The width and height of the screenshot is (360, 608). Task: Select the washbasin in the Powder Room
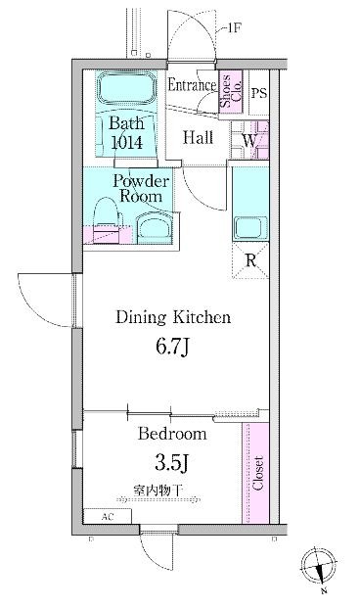tap(155, 230)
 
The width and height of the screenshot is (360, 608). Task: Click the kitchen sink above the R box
tap(250, 229)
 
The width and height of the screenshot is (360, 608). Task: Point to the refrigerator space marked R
tap(250, 260)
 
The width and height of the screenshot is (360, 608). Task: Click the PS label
tap(259, 93)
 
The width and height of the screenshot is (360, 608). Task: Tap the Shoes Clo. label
tap(231, 91)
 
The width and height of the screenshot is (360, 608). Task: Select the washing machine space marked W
tap(249, 140)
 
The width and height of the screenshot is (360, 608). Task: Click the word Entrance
tap(192, 85)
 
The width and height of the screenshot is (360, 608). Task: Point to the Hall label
tap(198, 137)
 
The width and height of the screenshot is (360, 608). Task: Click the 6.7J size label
tap(172, 348)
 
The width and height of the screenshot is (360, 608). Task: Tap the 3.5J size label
tap(171, 462)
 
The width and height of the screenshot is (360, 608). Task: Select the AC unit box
tap(108, 517)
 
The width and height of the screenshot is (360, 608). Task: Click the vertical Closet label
tap(257, 473)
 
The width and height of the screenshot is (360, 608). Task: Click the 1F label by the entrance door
tap(234, 28)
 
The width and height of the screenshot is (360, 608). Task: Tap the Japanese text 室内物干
tap(158, 491)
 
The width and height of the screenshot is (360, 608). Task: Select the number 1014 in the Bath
tap(127, 143)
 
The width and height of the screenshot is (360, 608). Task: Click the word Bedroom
tap(172, 433)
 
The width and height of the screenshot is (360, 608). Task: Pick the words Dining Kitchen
tap(173, 317)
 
